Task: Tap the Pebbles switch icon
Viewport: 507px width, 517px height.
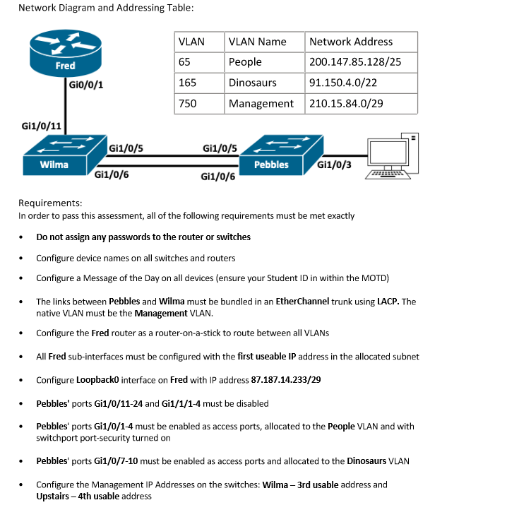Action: click(x=271, y=155)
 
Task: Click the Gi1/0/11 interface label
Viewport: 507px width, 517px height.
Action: click(x=41, y=126)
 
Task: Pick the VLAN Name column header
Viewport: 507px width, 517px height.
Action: click(x=257, y=42)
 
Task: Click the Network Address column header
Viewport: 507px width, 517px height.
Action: click(x=351, y=42)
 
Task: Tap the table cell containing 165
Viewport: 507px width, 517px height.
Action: click(x=188, y=83)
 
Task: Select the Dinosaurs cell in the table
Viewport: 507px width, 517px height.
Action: click(x=252, y=83)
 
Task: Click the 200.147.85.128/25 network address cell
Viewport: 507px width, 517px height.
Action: click(x=355, y=62)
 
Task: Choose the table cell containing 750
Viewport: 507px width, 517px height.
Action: click(x=188, y=103)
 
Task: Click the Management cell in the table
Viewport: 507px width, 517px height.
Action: click(x=261, y=103)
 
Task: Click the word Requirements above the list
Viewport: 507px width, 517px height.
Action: click(x=50, y=203)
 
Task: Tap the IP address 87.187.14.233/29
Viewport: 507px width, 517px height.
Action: click(x=286, y=380)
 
